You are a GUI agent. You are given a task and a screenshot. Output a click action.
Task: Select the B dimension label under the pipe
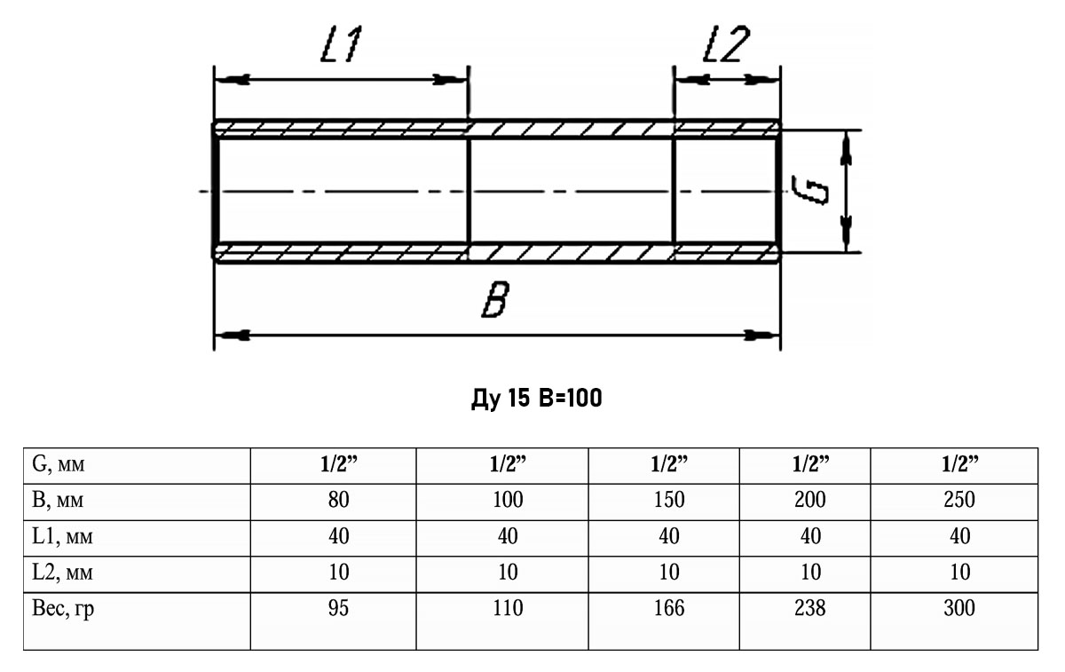click(x=494, y=303)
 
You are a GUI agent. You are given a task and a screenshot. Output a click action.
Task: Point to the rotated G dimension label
click(x=810, y=190)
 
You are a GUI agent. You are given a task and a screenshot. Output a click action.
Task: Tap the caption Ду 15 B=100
click(x=536, y=399)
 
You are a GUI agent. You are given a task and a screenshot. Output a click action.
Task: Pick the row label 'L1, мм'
click(x=60, y=536)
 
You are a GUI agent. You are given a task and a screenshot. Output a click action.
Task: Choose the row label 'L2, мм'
click(x=60, y=572)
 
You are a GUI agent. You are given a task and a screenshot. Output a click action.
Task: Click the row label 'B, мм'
click(x=57, y=500)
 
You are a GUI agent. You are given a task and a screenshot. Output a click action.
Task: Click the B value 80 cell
click(x=339, y=500)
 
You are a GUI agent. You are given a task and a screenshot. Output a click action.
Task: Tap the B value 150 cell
click(x=669, y=500)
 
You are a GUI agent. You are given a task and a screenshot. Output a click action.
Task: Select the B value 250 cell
click(x=958, y=500)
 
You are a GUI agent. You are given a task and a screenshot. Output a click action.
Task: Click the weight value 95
click(x=339, y=608)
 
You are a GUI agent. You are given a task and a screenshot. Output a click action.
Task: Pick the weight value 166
click(x=669, y=608)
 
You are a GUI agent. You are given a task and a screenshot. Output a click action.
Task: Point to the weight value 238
click(x=809, y=608)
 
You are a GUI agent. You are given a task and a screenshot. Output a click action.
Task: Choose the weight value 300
click(x=958, y=608)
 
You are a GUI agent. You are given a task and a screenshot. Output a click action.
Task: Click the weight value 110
click(x=507, y=608)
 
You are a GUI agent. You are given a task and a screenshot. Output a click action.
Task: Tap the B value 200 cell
click(x=809, y=500)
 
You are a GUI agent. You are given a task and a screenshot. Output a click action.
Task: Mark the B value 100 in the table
click(x=507, y=500)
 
